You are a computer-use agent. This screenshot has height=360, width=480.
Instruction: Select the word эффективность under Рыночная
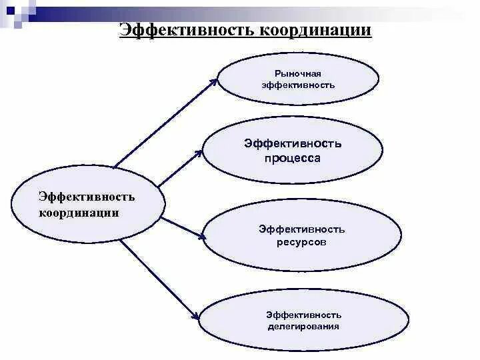click(x=298, y=85)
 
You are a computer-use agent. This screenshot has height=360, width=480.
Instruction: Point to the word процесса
click(x=292, y=158)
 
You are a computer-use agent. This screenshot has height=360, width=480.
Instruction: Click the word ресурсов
click(x=301, y=242)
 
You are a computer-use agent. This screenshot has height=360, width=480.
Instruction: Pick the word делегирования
click(x=303, y=327)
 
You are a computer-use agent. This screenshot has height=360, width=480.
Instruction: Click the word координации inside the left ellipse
click(x=79, y=213)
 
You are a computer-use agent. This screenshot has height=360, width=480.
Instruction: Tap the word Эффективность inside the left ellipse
click(x=87, y=197)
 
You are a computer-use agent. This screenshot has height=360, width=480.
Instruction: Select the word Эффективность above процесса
click(x=293, y=143)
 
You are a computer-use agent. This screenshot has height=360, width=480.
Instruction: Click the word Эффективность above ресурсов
click(x=302, y=229)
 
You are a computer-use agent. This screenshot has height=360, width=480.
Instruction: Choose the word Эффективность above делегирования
click(x=303, y=314)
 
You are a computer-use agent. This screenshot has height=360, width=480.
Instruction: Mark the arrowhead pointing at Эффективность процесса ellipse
click(x=199, y=153)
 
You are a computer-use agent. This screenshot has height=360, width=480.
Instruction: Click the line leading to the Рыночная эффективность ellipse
click(x=163, y=123)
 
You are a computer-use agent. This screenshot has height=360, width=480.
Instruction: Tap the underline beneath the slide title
click(x=245, y=40)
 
